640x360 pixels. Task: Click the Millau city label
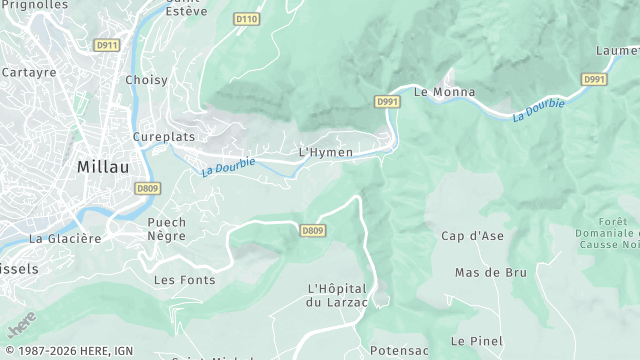coord(107,168)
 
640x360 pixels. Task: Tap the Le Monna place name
coord(444,92)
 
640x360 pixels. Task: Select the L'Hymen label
coord(326,152)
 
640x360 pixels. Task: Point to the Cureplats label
coord(164,136)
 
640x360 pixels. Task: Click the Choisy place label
coord(146,80)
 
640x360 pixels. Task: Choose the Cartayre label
coord(29,72)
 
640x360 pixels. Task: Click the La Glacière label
coord(65,238)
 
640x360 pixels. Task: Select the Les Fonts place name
coord(184,280)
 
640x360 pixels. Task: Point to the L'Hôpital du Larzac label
coord(339,295)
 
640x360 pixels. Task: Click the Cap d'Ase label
coord(472,236)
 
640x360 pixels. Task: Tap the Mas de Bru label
coord(490,272)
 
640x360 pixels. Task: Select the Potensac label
coord(399,351)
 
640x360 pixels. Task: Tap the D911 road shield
coord(106,45)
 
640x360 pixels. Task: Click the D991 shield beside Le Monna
coord(388,102)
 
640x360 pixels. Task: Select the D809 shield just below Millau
coord(147,187)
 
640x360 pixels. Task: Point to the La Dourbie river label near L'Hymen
coord(228,166)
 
